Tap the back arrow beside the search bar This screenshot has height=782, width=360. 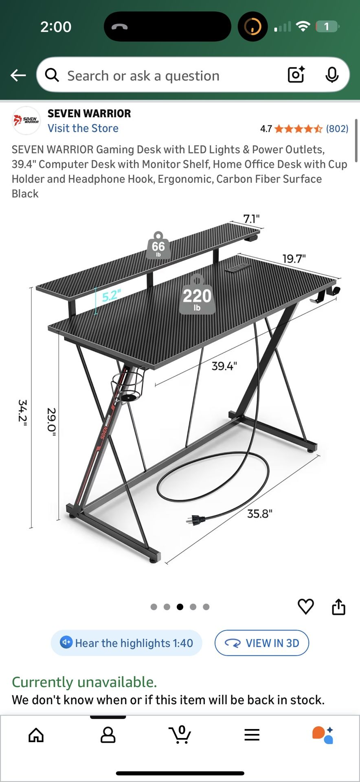point(18,75)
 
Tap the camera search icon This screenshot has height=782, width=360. point(296,75)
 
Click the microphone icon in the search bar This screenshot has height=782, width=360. point(332,75)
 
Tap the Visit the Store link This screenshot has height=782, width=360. point(83,128)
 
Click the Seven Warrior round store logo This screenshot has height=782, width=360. point(26,120)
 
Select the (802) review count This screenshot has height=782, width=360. point(337,129)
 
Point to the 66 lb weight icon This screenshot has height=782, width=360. point(158,245)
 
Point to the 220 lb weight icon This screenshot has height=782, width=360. point(197,295)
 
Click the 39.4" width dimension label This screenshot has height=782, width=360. point(224,366)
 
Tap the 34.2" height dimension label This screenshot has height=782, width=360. point(22,413)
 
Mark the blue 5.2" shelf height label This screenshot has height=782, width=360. point(111,295)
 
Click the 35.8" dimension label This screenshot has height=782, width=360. point(260,514)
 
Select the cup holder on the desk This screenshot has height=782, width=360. point(128,386)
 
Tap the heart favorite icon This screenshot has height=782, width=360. point(306,606)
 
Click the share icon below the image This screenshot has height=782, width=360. point(338,606)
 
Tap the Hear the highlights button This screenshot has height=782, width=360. point(126,643)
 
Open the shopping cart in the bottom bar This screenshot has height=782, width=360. point(180,735)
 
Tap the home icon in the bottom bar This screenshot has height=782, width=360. point(36,735)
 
